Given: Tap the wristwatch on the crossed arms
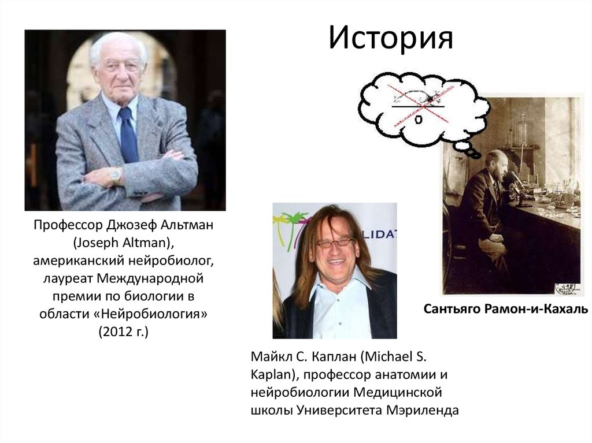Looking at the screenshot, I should (116, 175).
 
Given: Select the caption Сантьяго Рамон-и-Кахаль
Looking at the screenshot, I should (506, 310).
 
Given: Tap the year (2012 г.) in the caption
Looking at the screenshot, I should (123, 333).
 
